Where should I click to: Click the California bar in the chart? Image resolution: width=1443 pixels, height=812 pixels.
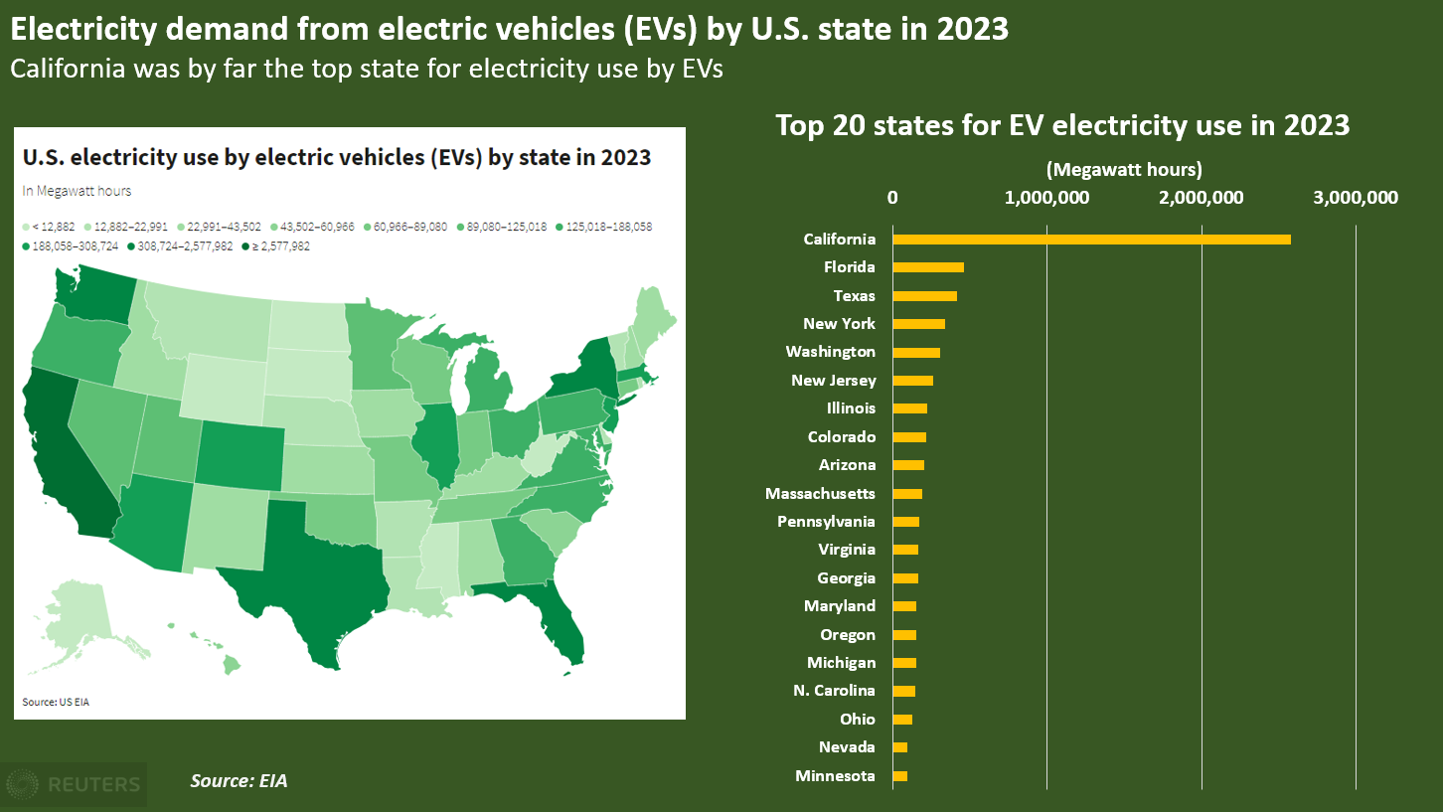pos(1091,239)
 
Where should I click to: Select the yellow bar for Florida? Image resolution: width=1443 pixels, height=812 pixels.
pos(928,267)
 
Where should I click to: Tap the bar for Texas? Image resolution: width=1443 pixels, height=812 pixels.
pos(924,295)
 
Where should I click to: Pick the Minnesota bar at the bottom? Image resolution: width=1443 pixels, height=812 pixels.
pos(900,775)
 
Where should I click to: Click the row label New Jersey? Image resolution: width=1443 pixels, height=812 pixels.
pos(833,380)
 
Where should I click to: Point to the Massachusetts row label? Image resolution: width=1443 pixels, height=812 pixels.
pos(820,493)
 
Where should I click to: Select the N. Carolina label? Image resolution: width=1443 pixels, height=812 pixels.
pos(834,690)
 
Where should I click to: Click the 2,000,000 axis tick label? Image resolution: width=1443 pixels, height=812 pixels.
pos(1201,197)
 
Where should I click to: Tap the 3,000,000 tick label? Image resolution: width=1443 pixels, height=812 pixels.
pos(1356,197)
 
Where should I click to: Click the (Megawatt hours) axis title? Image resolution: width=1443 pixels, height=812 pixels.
pos(1124,169)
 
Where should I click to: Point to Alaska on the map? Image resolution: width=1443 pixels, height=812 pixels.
pos(80,616)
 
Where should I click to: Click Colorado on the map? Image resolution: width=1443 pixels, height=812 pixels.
pos(238,457)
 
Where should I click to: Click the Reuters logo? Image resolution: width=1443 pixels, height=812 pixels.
pos(74,784)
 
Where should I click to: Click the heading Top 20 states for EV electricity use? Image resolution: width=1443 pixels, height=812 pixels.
pos(1062,125)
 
